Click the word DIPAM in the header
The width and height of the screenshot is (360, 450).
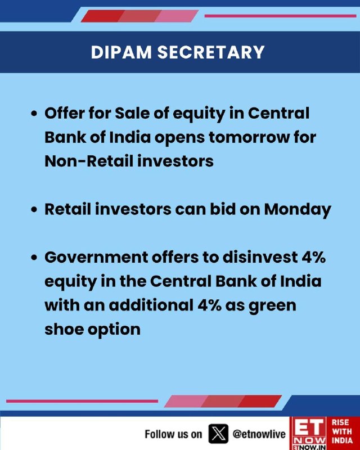(x=121, y=52)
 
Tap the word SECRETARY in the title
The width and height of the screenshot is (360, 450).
(x=211, y=52)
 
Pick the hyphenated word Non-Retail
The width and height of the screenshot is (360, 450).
(x=88, y=161)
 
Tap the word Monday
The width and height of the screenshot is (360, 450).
(x=298, y=210)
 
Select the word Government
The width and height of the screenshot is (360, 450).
(x=96, y=257)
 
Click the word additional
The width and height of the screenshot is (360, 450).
(x=151, y=305)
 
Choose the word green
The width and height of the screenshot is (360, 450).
(x=272, y=306)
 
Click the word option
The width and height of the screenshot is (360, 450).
(x=114, y=330)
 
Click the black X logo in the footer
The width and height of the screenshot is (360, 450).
(x=218, y=433)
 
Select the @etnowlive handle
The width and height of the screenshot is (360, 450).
(x=259, y=434)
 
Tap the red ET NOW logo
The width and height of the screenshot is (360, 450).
(x=308, y=433)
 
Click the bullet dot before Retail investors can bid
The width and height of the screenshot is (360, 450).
(x=34, y=210)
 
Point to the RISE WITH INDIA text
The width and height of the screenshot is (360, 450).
(x=342, y=431)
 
